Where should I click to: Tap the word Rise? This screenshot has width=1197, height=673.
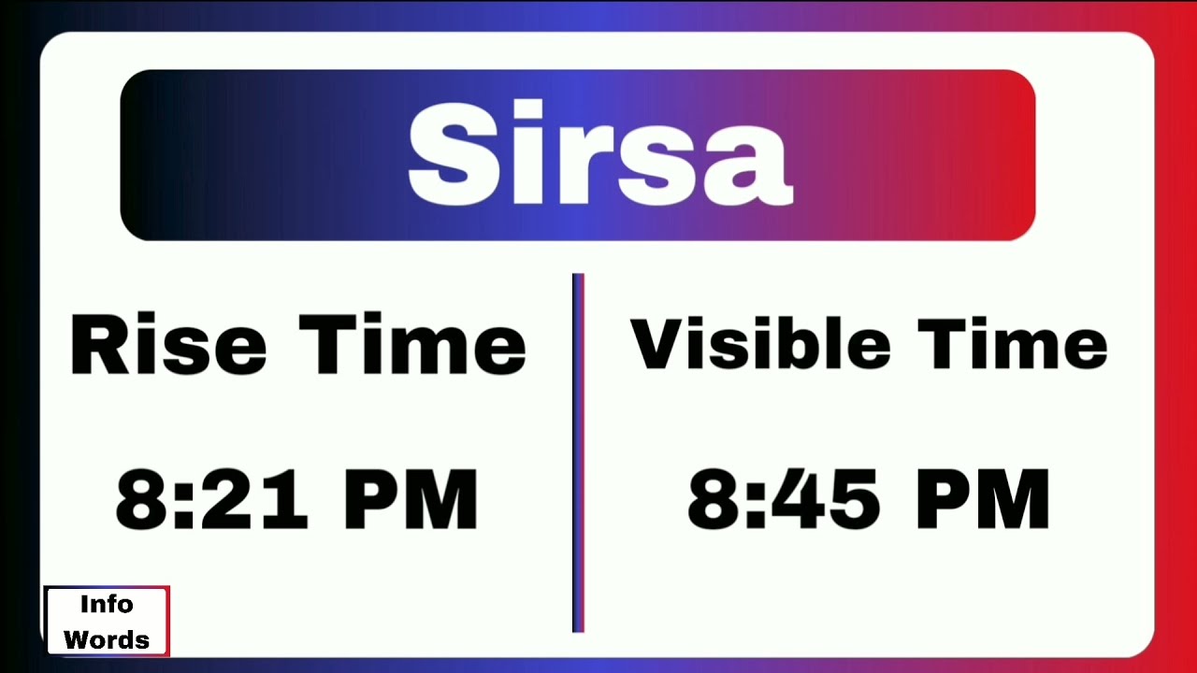168,345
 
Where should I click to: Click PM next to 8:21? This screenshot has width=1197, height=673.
411,500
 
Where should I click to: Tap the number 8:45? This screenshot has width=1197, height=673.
784,500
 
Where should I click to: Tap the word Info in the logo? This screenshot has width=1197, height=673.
106,604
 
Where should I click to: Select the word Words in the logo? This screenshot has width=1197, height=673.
107,640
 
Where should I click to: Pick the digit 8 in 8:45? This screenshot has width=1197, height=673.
715,500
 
